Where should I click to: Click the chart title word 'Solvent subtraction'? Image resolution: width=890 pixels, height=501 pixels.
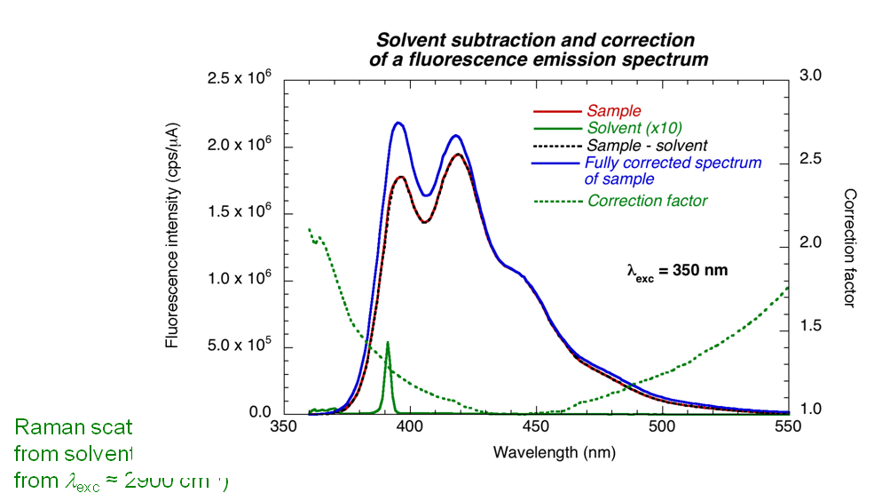point(462,41)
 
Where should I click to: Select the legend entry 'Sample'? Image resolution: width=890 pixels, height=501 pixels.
point(613,111)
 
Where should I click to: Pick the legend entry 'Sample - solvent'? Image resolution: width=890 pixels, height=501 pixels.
point(646,145)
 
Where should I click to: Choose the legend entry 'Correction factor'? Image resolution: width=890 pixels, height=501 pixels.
point(647,201)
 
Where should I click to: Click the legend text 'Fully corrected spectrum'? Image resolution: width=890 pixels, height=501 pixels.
point(673,163)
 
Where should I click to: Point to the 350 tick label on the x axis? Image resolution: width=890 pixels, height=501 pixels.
point(283,426)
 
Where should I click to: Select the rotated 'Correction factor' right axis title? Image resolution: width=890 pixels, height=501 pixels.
point(850,248)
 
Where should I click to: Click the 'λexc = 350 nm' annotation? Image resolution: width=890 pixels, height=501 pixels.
point(677,270)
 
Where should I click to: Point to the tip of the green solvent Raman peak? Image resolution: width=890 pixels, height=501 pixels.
point(388,342)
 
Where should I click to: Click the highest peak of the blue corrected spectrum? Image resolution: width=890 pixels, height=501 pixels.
point(398,123)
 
